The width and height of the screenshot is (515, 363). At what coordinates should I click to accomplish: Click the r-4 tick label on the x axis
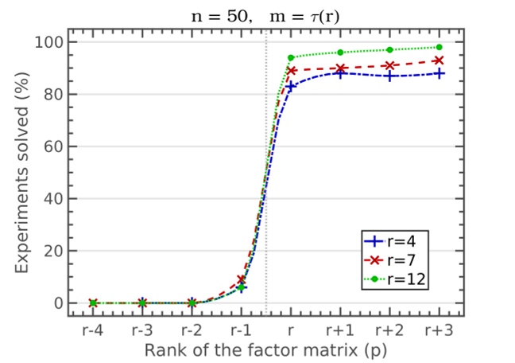click(x=92, y=330)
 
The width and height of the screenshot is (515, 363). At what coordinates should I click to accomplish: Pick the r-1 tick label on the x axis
click(x=241, y=330)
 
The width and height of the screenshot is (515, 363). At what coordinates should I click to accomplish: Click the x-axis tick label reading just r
click(x=291, y=330)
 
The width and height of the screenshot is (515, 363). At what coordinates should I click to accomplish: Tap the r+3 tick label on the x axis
click(x=439, y=330)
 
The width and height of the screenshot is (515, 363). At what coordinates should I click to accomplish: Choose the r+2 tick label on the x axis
click(x=389, y=330)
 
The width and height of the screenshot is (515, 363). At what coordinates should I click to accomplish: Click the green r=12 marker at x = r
click(x=291, y=57)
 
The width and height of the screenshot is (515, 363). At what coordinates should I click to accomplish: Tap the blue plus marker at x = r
click(x=291, y=85)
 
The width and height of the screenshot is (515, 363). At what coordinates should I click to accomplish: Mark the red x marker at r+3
click(x=439, y=60)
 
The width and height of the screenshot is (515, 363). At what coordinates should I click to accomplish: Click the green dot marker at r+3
click(x=439, y=47)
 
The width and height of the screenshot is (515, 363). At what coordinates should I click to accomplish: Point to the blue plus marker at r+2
click(x=389, y=76)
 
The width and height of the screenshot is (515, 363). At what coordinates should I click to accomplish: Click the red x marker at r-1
click(x=242, y=280)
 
